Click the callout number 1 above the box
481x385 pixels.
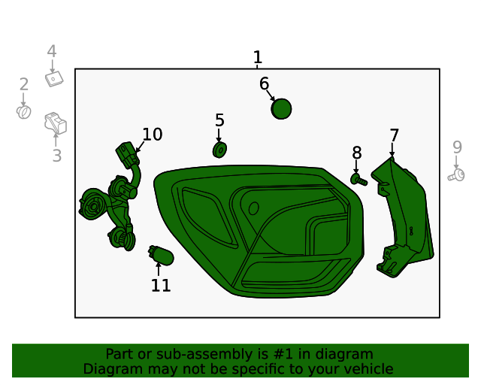pos(258,57)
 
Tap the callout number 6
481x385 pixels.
pos(264,83)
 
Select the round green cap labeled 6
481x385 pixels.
pos(281,109)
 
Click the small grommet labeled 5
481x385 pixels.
pos(219,150)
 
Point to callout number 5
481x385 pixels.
pos(219,120)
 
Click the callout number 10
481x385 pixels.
pos(153,135)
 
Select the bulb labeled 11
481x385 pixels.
pos(161,256)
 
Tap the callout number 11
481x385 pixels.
pos(161,286)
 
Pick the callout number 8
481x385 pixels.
pos(357,153)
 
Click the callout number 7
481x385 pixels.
pos(394,135)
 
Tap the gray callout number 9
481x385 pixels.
pos(457,147)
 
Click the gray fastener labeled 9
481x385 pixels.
pos(455,175)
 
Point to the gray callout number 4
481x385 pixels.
pos(52,51)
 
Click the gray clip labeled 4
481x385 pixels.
pos(53,77)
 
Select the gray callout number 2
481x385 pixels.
pos(24,85)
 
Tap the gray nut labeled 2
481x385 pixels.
pos(24,112)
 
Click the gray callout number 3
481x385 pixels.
pos(56,156)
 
